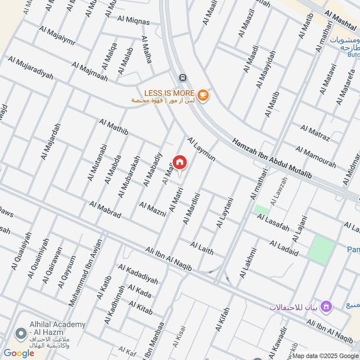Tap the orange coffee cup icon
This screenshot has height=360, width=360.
point(203,95)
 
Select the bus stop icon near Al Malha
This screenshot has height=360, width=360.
point(182,77)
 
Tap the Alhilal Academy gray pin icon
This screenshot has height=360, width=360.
point(20,334)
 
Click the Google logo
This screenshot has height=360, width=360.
point(18,353)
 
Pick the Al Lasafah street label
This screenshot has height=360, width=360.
point(273,223)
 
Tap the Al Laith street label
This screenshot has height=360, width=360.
point(202,248)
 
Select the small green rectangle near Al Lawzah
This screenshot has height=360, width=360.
point(261,210)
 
